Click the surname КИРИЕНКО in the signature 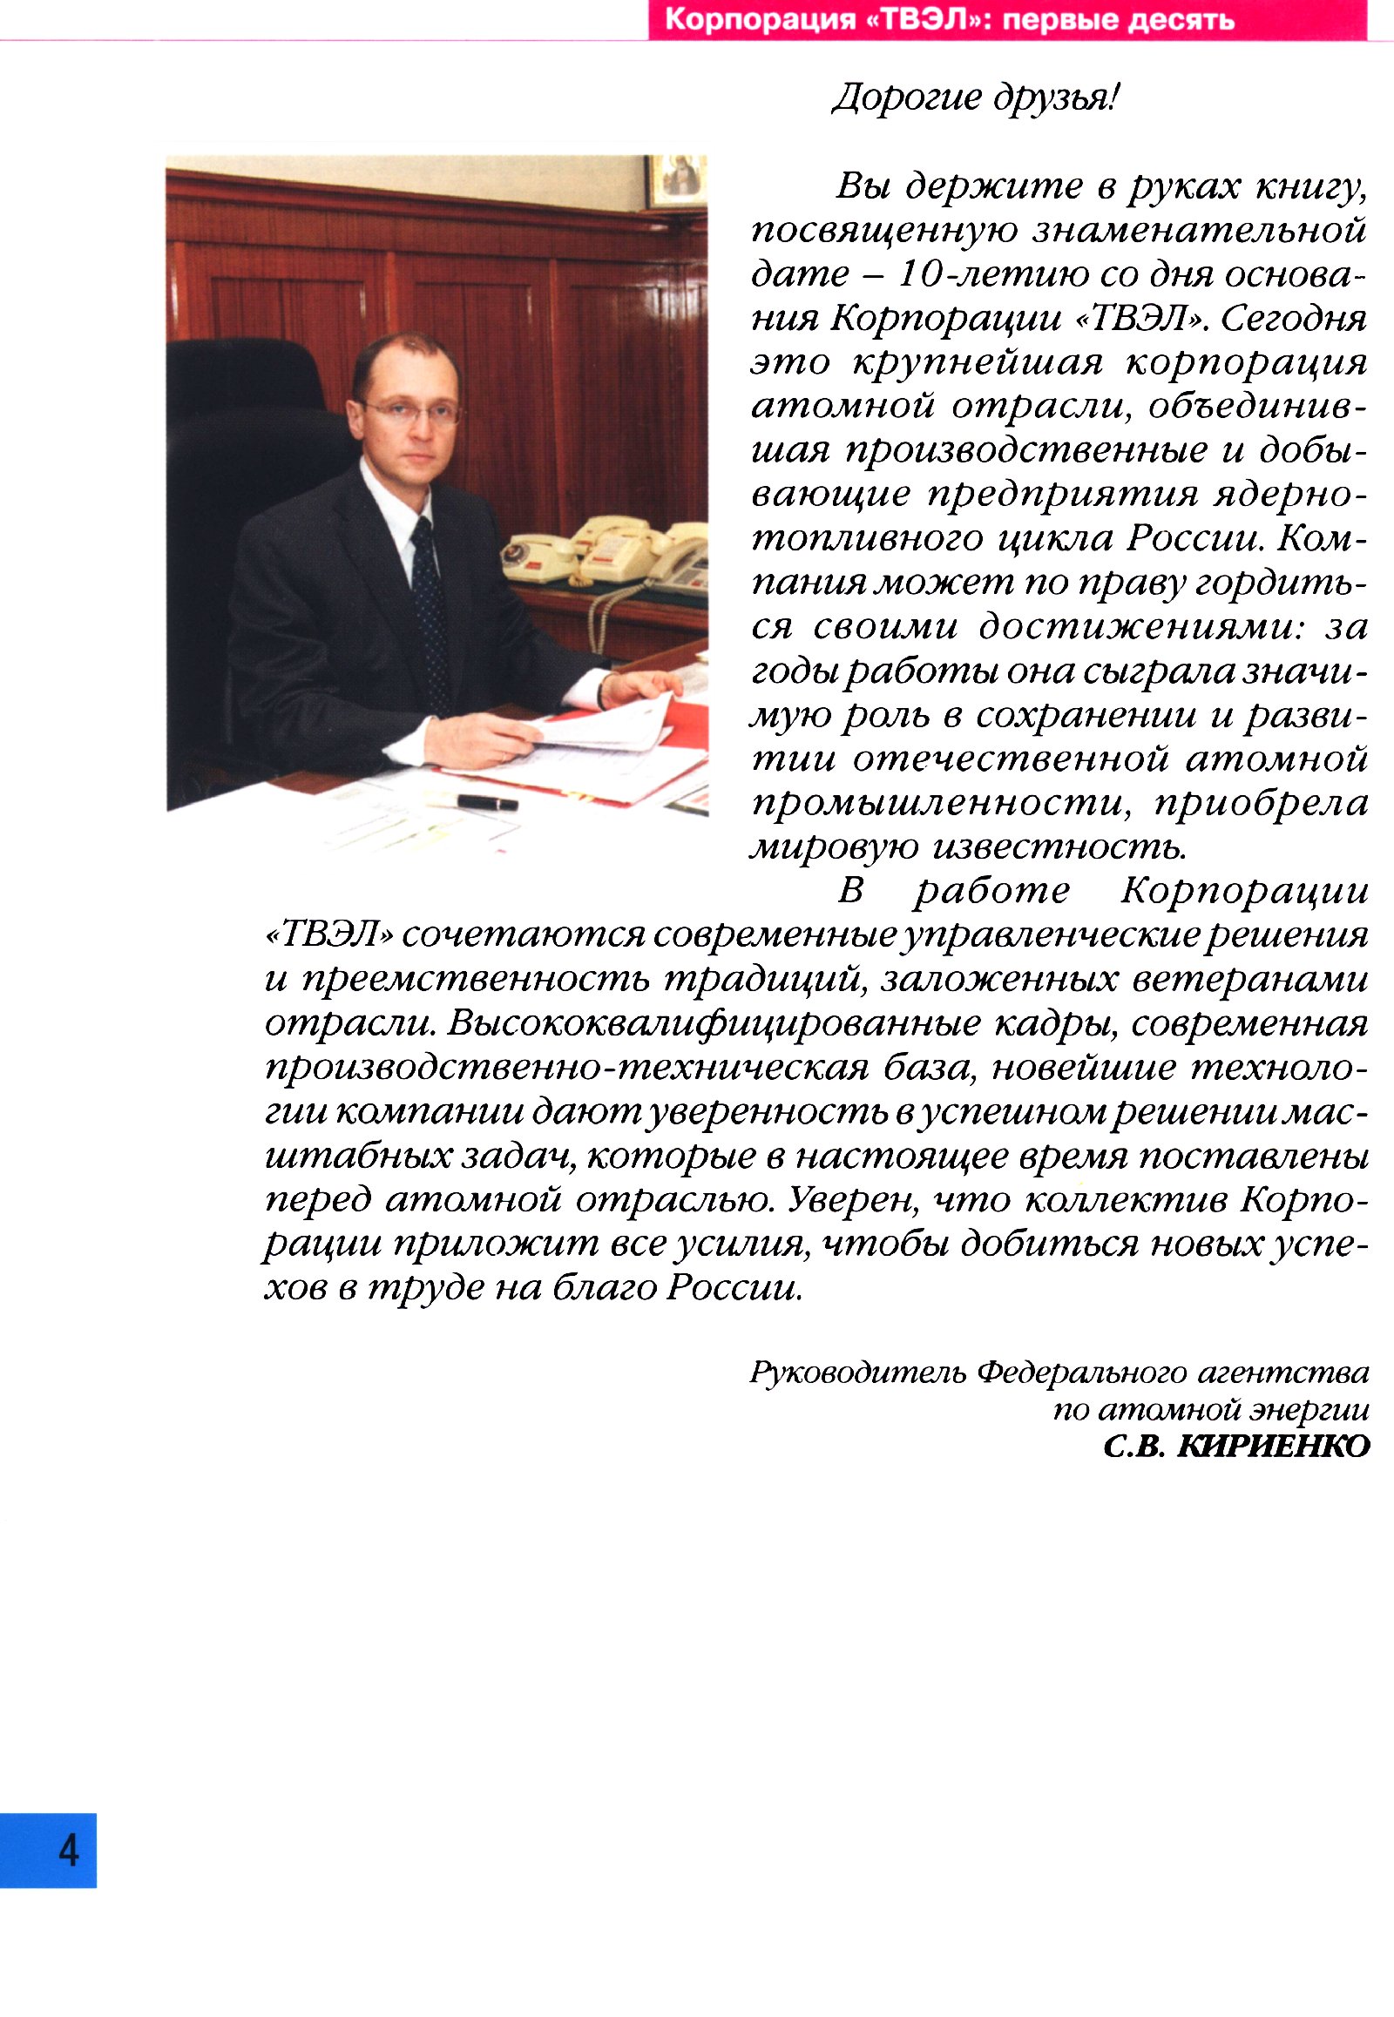1273,1447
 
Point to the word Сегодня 1294,318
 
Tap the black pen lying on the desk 487,801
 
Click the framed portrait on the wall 676,181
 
